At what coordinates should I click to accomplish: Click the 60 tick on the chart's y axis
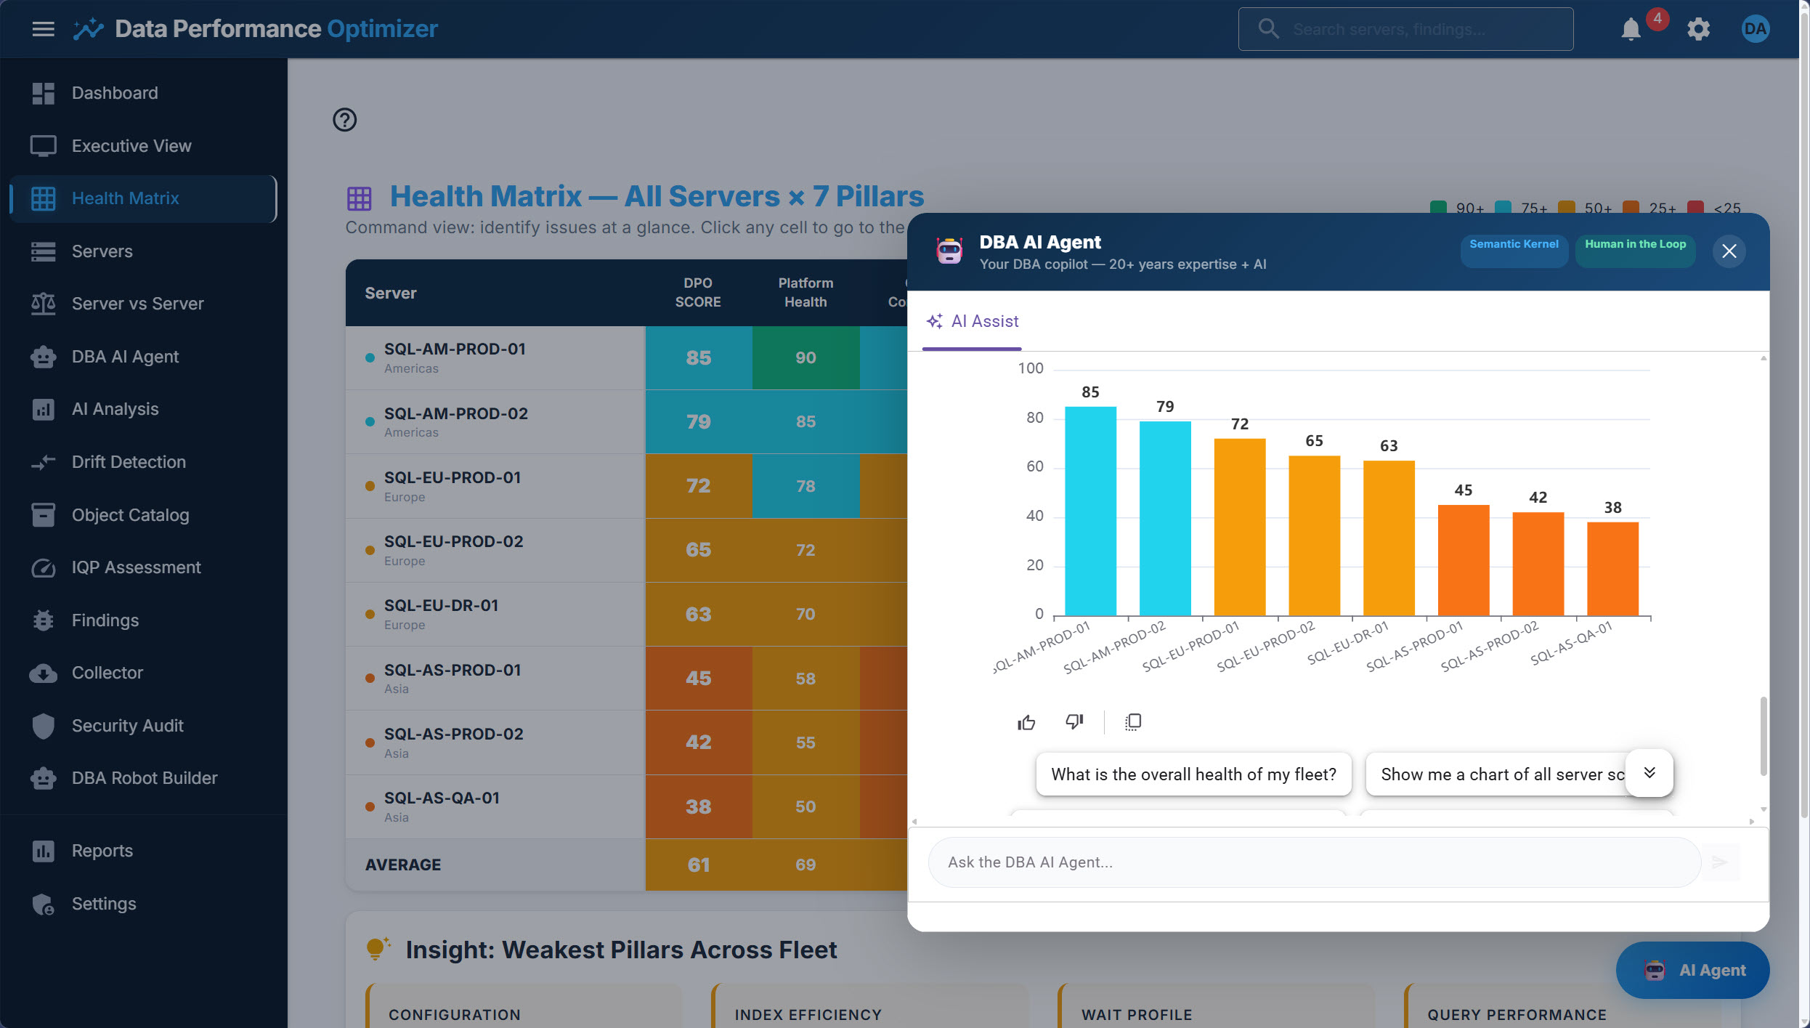pyautogui.click(x=1034, y=466)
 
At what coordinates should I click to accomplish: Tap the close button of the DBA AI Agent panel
pyautogui.click(x=1729, y=251)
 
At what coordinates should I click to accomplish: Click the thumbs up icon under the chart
pyautogui.click(x=1026, y=722)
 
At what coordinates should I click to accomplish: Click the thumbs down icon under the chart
pyautogui.click(x=1074, y=722)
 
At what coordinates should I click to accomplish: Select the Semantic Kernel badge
pyautogui.click(x=1514, y=245)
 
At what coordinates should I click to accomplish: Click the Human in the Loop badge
pyautogui.click(x=1635, y=245)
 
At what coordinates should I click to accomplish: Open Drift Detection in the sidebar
pyautogui.click(x=129, y=462)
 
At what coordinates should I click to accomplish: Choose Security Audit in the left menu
pyautogui.click(x=127, y=726)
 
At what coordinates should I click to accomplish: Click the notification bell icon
pyautogui.click(x=1631, y=30)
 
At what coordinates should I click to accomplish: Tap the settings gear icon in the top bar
pyautogui.click(x=1698, y=30)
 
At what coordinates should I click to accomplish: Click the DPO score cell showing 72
pyautogui.click(x=698, y=486)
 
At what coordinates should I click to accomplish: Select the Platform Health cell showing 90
pyautogui.click(x=805, y=357)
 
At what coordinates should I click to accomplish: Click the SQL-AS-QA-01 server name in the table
pyautogui.click(x=442, y=798)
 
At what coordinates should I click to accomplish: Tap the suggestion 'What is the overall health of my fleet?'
pyautogui.click(x=1193, y=774)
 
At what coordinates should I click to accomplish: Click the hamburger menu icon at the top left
pyautogui.click(x=44, y=29)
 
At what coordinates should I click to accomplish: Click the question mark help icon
pyautogui.click(x=344, y=120)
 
